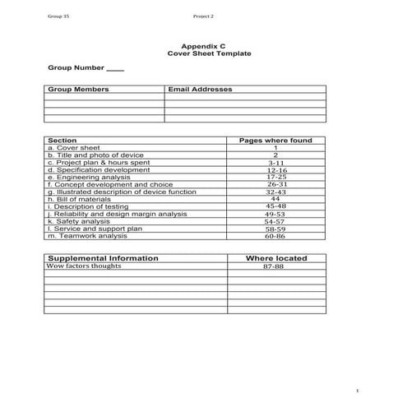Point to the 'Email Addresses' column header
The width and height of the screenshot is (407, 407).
(199, 89)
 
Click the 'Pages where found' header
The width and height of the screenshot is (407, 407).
(275, 141)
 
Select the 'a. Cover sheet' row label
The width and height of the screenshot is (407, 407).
(74, 148)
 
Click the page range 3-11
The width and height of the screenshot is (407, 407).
(275, 163)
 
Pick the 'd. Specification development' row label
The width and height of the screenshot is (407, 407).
(98, 170)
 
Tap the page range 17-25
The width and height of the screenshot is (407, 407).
(275, 177)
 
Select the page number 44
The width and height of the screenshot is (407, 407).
(275, 199)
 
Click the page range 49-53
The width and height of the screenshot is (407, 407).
(275, 214)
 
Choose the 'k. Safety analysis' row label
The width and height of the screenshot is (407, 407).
(79, 221)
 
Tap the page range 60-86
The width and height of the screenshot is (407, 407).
(275, 236)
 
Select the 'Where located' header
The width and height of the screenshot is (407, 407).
(276, 258)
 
